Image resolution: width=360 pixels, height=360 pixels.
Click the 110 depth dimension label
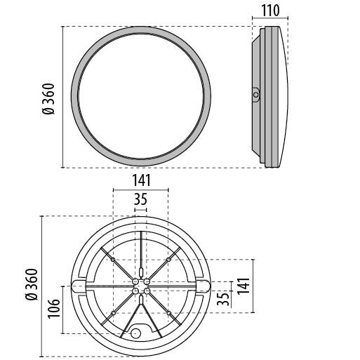tap(270, 11)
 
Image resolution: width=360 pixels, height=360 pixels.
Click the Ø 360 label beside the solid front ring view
tap(48, 99)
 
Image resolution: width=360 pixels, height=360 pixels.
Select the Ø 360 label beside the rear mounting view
tap(32, 284)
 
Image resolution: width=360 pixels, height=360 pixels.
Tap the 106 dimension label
tap(54, 308)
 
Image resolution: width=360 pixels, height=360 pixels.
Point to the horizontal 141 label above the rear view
tap(142, 180)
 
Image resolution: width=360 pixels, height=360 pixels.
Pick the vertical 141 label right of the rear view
tap(244, 286)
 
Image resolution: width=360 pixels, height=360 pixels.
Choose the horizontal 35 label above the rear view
tap(140, 199)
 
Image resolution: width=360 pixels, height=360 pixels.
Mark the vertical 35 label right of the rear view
tap(223, 298)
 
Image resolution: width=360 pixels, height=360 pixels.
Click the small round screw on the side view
tap(256, 95)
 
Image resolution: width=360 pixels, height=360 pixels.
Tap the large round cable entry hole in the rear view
tap(135, 333)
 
